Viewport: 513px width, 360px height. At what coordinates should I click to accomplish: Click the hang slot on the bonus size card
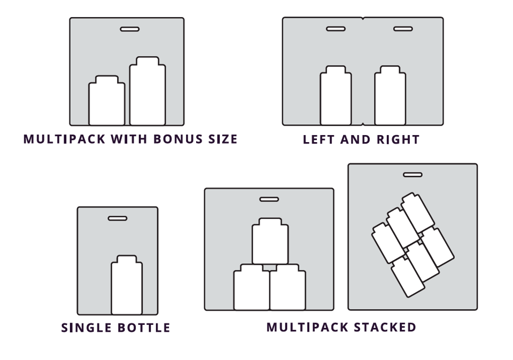129,29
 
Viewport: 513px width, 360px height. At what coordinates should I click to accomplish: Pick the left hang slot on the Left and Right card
336,29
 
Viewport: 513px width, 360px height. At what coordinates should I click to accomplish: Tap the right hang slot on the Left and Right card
403,29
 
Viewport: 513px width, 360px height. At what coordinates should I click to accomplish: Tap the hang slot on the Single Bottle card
118,218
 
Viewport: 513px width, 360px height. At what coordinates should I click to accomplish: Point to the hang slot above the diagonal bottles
413,175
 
